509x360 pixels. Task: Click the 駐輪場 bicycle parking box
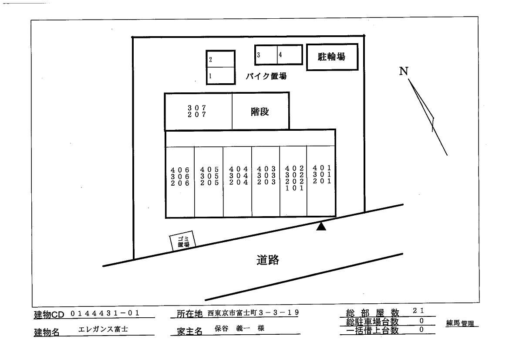(332, 57)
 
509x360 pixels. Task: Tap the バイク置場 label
(266, 76)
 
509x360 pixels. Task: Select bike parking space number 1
(220, 76)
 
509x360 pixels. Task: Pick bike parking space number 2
(220, 59)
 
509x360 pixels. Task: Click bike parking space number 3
(266, 55)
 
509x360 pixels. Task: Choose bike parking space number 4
(290, 55)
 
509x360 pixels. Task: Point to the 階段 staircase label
(260, 112)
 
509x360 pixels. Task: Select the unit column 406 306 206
(180, 177)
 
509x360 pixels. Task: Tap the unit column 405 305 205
(209, 177)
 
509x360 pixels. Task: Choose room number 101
(294, 189)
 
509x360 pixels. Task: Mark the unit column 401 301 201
(322, 174)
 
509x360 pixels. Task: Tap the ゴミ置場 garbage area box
(182, 242)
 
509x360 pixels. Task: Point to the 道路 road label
(267, 261)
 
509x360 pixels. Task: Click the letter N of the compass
(404, 71)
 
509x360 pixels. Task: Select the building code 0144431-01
(104, 313)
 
